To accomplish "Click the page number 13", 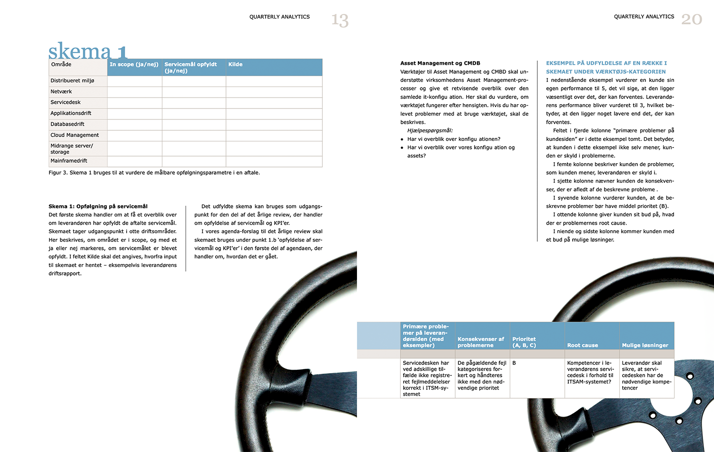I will [x=340, y=20].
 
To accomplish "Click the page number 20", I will [x=691, y=19].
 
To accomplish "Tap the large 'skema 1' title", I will [x=88, y=51].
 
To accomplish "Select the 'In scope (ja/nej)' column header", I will [x=134, y=65].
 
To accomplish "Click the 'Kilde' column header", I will [x=235, y=65].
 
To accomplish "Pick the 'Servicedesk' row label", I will [x=66, y=102].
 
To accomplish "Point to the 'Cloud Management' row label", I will [x=75, y=135].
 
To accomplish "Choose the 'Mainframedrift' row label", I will [x=69, y=161].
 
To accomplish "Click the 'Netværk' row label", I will [x=61, y=91].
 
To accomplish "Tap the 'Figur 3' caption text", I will [x=154, y=173].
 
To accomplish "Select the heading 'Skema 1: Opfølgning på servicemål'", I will [x=98, y=206].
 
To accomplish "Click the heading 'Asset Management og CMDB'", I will [x=440, y=63].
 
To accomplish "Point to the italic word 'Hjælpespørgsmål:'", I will [x=430, y=130].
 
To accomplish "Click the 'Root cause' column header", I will [x=583, y=345].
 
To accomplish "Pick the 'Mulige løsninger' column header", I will [x=645, y=345].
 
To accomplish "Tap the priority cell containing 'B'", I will [x=514, y=363].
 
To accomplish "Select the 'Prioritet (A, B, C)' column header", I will [x=524, y=342].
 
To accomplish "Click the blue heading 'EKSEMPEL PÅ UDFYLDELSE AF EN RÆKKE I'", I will [x=606, y=63].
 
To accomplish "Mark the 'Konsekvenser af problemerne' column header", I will [x=481, y=342].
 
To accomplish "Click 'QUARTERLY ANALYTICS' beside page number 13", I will [x=279, y=17].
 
